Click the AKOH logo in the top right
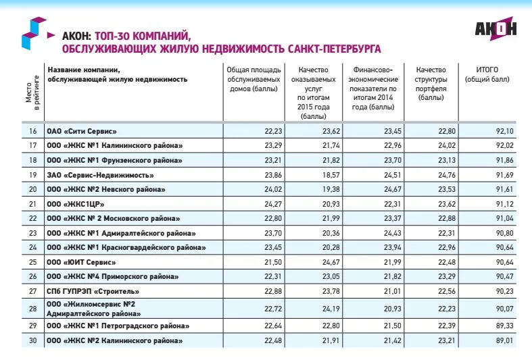[x=495, y=29]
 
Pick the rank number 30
[x=32, y=340]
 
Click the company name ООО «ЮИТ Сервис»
[x=76, y=262]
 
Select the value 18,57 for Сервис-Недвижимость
[x=327, y=175]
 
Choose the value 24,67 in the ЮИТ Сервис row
[x=327, y=262]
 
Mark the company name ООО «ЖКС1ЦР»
[x=75, y=204]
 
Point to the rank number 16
[x=32, y=131]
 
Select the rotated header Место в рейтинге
[x=32, y=93]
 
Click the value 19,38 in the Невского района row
[x=327, y=189]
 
